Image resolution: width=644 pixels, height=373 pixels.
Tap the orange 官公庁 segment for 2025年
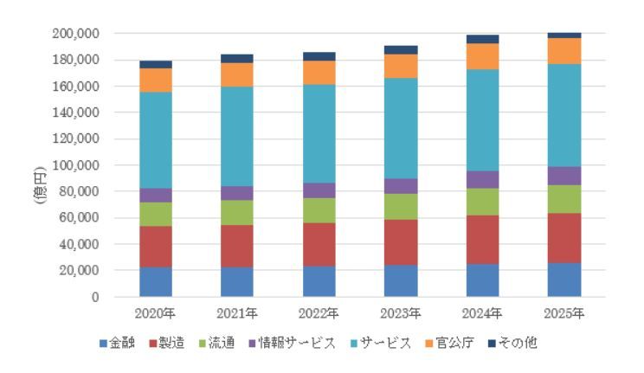[563, 51]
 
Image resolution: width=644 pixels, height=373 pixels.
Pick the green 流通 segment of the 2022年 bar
[319, 210]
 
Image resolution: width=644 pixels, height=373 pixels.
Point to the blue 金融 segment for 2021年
[237, 281]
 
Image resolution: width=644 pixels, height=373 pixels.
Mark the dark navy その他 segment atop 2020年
[155, 65]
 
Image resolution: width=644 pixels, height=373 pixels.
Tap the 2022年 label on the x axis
[319, 312]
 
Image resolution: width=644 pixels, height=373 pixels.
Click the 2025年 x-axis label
[563, 312]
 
